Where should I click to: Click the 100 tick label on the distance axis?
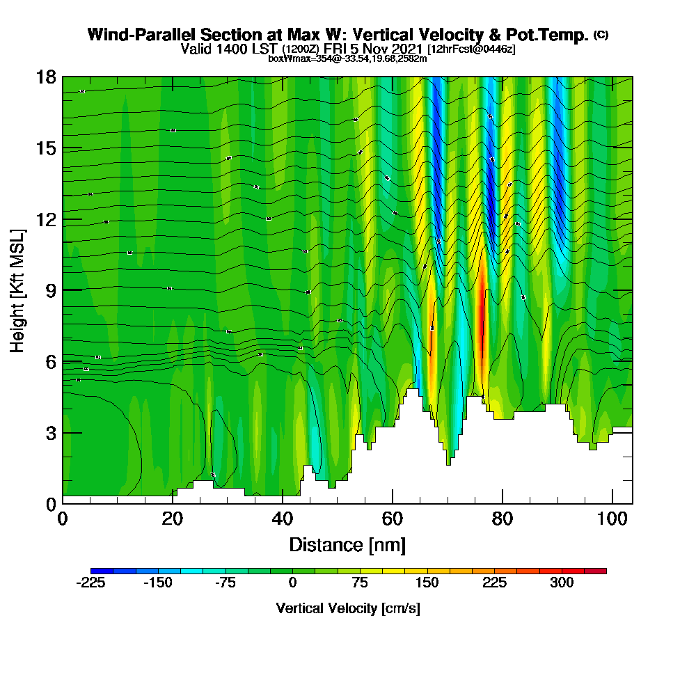coord(612,519)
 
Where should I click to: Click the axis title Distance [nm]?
coord(347,544)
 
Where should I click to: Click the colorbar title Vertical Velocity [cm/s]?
coord(348,608)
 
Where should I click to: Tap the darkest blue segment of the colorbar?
coord(102,571)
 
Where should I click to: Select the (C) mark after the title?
coord(601,35)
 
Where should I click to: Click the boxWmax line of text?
coord(347,58)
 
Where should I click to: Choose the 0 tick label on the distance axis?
coord(63,519)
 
